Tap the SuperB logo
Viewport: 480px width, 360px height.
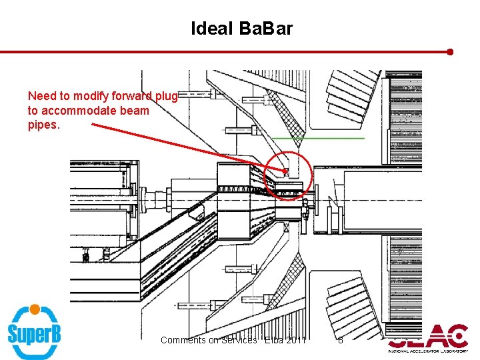[34, 331]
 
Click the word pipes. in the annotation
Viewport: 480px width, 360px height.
[43, 124]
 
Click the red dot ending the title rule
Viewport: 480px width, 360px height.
[451, 51]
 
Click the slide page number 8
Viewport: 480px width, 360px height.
[340, 340]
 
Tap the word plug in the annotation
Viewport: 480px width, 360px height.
[166, 97]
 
